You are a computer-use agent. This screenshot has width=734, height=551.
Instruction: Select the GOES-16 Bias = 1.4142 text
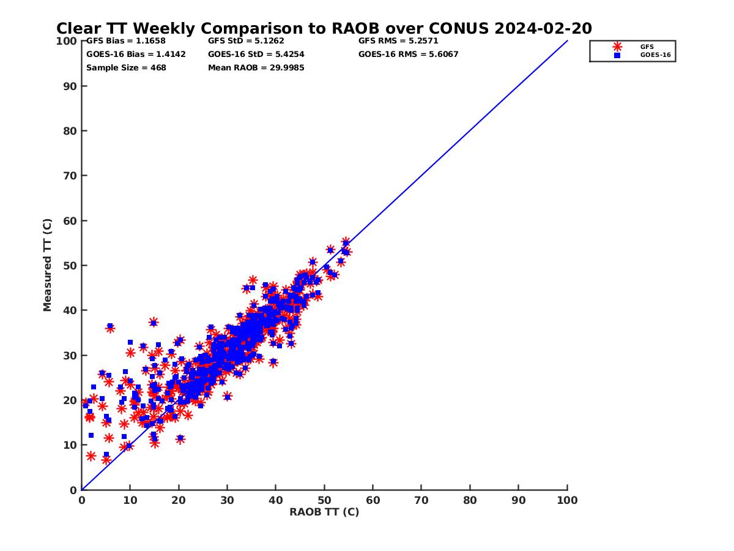pyautogui.click(x=136, y=54)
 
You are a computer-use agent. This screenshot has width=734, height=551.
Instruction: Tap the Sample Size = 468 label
pyautogui.click(x=126, y=68)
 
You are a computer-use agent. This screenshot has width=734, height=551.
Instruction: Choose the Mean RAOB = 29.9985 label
pyautogui.click(x=256, y=68)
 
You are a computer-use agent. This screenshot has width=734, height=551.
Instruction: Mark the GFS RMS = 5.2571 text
pyautogui.click(x=398, y=41)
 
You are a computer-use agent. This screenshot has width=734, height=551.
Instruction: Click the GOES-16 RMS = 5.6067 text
pyautogui.click(x=409, y=54)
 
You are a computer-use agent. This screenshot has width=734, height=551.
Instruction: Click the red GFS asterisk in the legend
pyautogui.click(x=617, y=47)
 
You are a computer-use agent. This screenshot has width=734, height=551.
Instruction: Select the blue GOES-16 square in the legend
pyautogui.click(x=617, y=55)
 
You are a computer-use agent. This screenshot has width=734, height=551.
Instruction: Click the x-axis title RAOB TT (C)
pyautogui.click(x=324, y=512)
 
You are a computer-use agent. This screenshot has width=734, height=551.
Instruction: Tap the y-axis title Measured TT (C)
pyautogui.click(x=47, y=266)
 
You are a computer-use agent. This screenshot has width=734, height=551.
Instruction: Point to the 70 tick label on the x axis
pyautogui.click(x=421, y=500)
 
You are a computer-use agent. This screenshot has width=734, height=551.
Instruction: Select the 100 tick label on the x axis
pyautogui.click(x=567, y=500)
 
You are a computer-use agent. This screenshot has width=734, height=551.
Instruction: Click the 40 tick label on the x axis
pyautogui.click(x=276, y=500)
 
